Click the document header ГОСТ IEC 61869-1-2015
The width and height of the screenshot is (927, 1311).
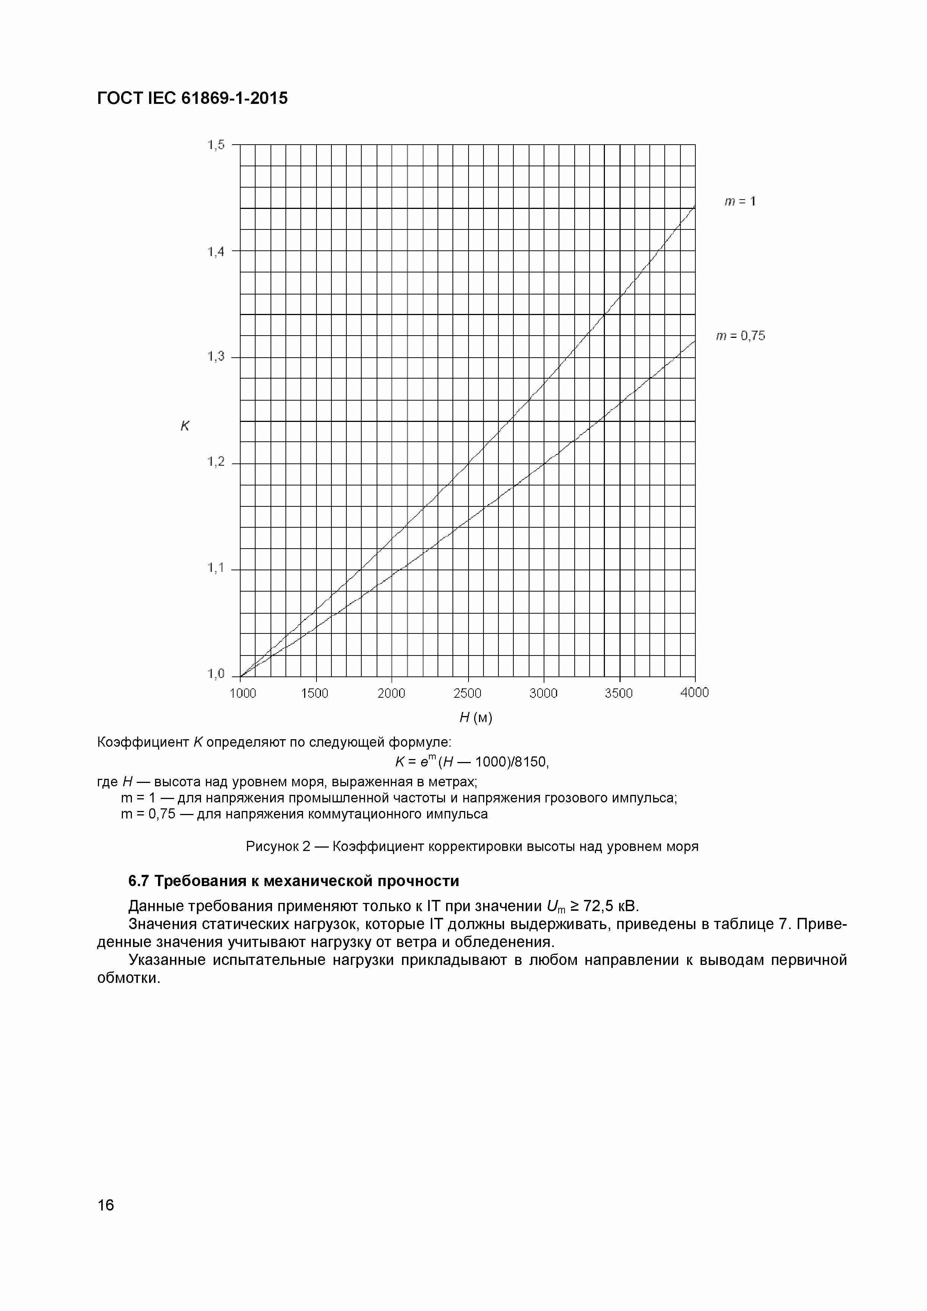click(x=192, y=98)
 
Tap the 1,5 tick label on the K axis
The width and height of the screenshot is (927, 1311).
click(x=216, y=145)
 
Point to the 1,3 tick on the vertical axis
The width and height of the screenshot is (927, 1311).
click(x=216, y=357)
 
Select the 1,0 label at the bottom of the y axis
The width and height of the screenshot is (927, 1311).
click(x=216, y=674)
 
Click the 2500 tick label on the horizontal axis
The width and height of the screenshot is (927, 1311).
click(x=467, y=693)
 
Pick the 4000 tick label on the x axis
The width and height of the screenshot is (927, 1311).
click(x=695, y=692)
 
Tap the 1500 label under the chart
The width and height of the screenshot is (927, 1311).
click(x=315, y=693)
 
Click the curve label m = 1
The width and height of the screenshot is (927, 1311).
click(x=740, y=201)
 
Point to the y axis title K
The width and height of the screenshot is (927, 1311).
click(x=185, y=426)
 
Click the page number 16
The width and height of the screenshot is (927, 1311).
click(x=106, y=1205)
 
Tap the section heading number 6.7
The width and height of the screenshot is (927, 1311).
click(x=139, y=881)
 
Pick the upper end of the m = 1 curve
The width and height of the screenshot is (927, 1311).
click(x=694, y=206)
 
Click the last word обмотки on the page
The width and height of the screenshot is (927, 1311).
click(x=128, y=978)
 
